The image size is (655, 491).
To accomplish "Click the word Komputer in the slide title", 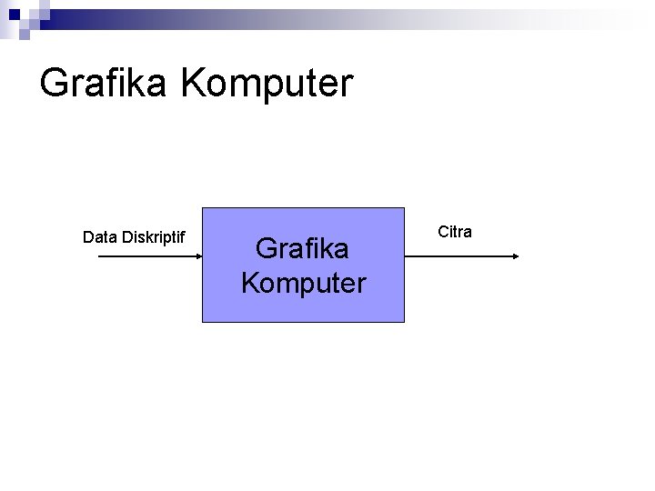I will (267, 84).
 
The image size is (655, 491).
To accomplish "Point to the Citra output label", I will (455, 232).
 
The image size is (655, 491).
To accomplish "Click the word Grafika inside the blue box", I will (302, 247).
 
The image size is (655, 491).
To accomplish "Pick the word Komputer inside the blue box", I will (303, 282).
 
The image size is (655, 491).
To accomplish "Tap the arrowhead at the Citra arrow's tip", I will (514, 257).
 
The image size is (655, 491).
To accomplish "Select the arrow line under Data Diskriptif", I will (146, 257).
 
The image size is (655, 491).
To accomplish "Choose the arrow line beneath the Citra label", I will (459, 257).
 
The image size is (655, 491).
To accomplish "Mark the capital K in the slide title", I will (194, 84).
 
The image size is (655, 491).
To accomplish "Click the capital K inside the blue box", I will (251, 282).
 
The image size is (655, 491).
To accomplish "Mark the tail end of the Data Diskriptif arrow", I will (99, 257).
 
